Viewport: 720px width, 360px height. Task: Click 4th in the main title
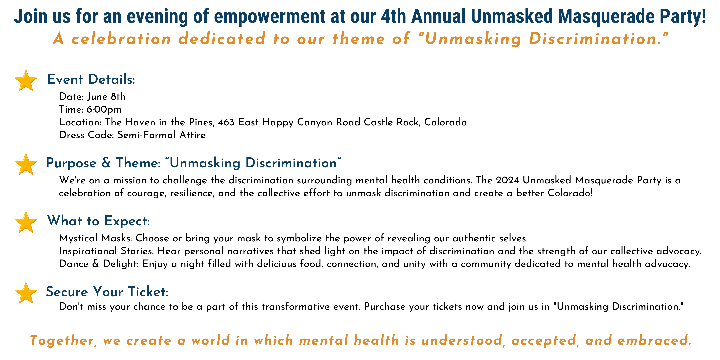tap(393, 16)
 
